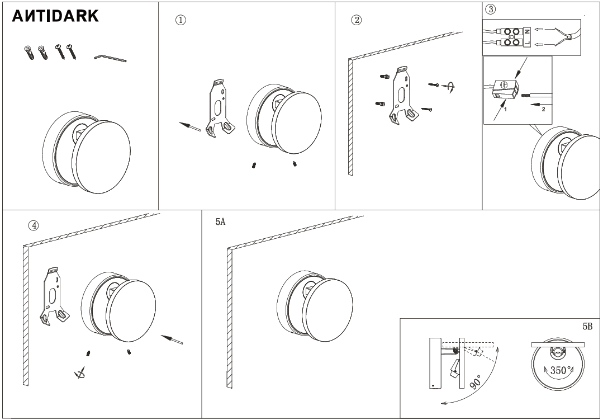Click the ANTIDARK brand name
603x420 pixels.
point(56,16)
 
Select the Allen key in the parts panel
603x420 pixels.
point(110,58)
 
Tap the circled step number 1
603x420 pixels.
point(181,20)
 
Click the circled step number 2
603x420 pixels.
point(355,20)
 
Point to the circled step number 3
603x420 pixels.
point(491,9)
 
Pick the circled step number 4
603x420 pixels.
point(34,225)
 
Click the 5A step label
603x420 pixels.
point(220,222)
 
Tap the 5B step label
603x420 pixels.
point(587,326)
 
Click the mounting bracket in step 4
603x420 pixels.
point(54,295)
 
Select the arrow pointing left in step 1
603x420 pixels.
point(190,126)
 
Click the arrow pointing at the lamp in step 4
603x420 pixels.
point(172,339)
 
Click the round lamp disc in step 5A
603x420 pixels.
point(329,302)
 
